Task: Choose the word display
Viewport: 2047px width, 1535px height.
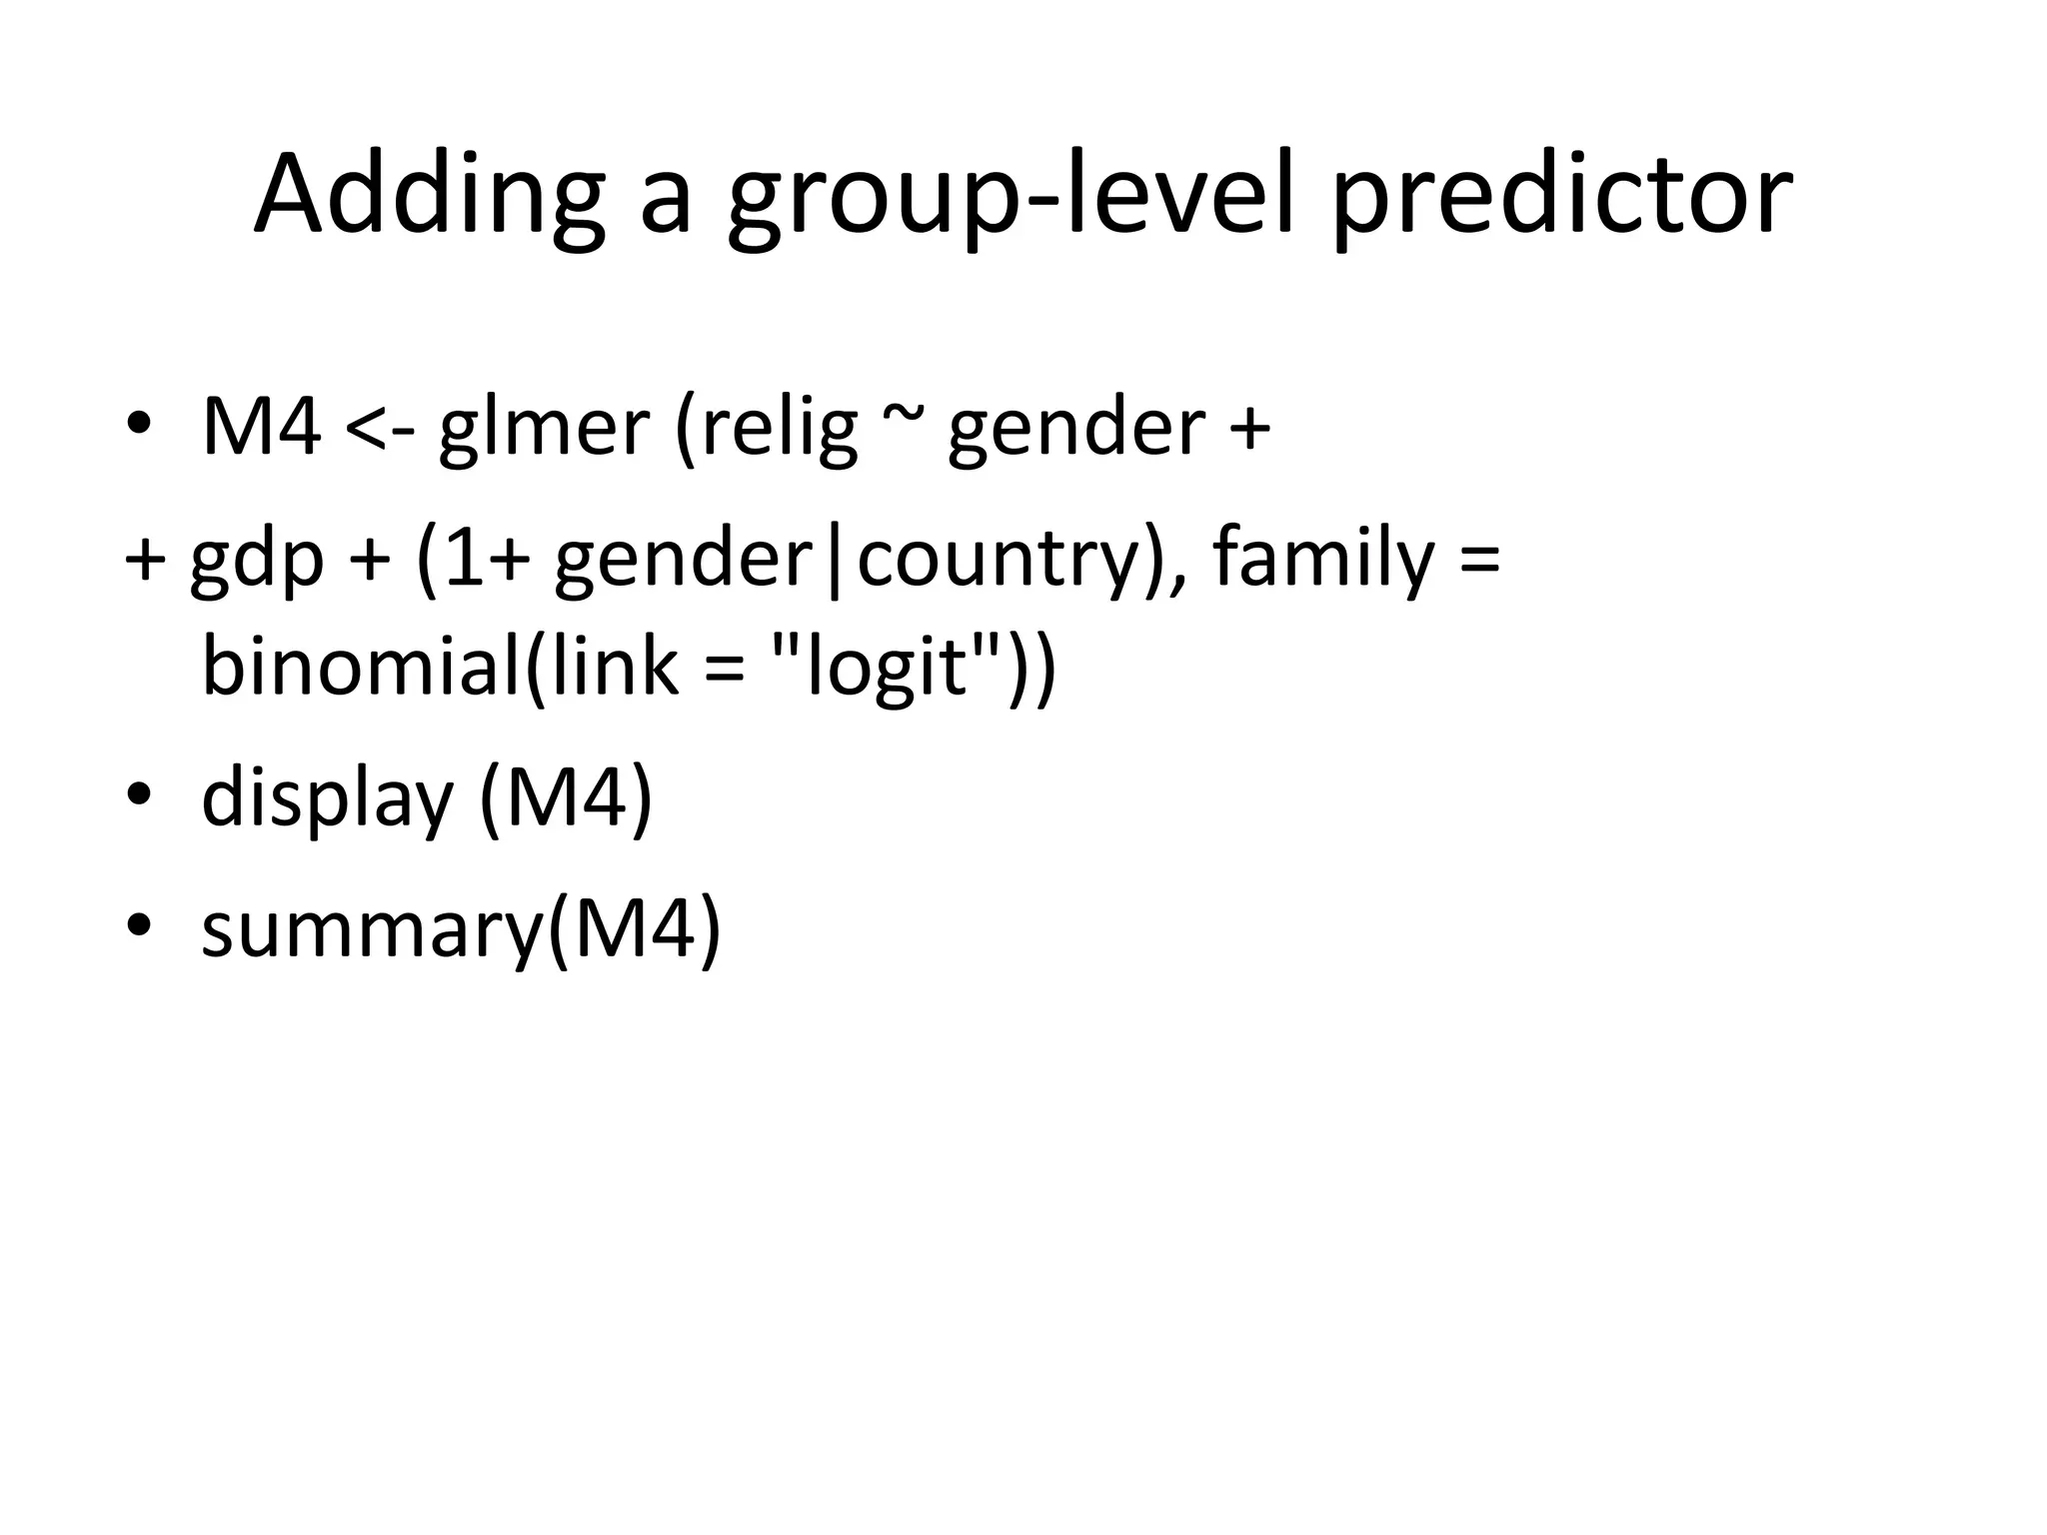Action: click(328, 798)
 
